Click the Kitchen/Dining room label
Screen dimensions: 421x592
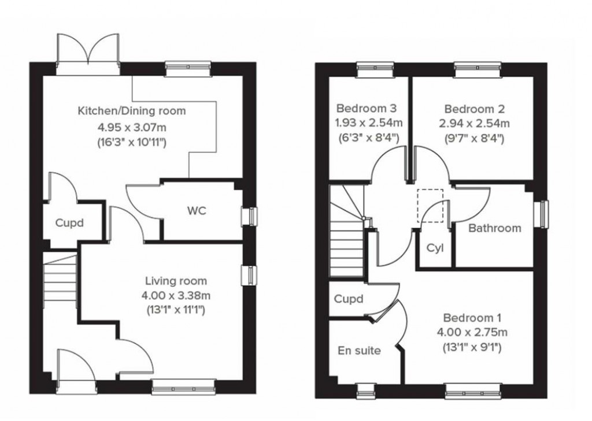pos(132,110)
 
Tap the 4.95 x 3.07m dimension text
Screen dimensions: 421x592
pos(132,126)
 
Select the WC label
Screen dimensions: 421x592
pos(196,211)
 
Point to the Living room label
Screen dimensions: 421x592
pos(176,281)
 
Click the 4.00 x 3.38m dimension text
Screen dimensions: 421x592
pos(176,296)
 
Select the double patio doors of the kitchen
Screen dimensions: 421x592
pos(88,51)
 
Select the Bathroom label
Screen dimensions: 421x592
pos(494,228)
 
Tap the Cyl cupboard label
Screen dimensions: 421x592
pos(435,248)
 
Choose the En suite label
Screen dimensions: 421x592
pos(359,350)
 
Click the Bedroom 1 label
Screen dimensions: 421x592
pos(472,317)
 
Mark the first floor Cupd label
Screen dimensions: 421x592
pos(349,299)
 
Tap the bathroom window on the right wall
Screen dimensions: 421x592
pos(542,214)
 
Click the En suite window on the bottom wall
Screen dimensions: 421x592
pos(366,392)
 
